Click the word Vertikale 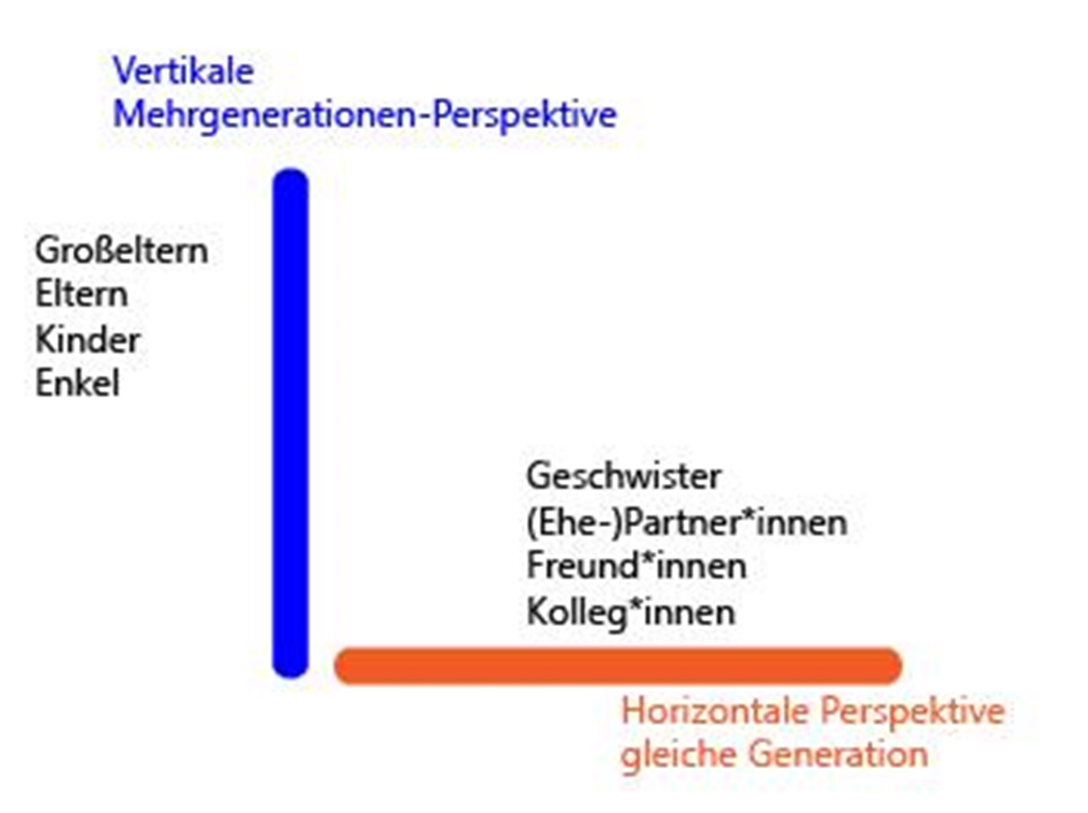click(183, 71)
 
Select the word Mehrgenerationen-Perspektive click(365, 115)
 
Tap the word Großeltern click(121, 250)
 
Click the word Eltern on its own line click(82, 295)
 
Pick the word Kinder click(88, 340)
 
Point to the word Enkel click(78, 384)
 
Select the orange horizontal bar click(618, 666)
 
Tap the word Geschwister click(623, 476)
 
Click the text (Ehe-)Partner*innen click(687, 522)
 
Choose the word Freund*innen click(636, 566)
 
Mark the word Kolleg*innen click(631, 612)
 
